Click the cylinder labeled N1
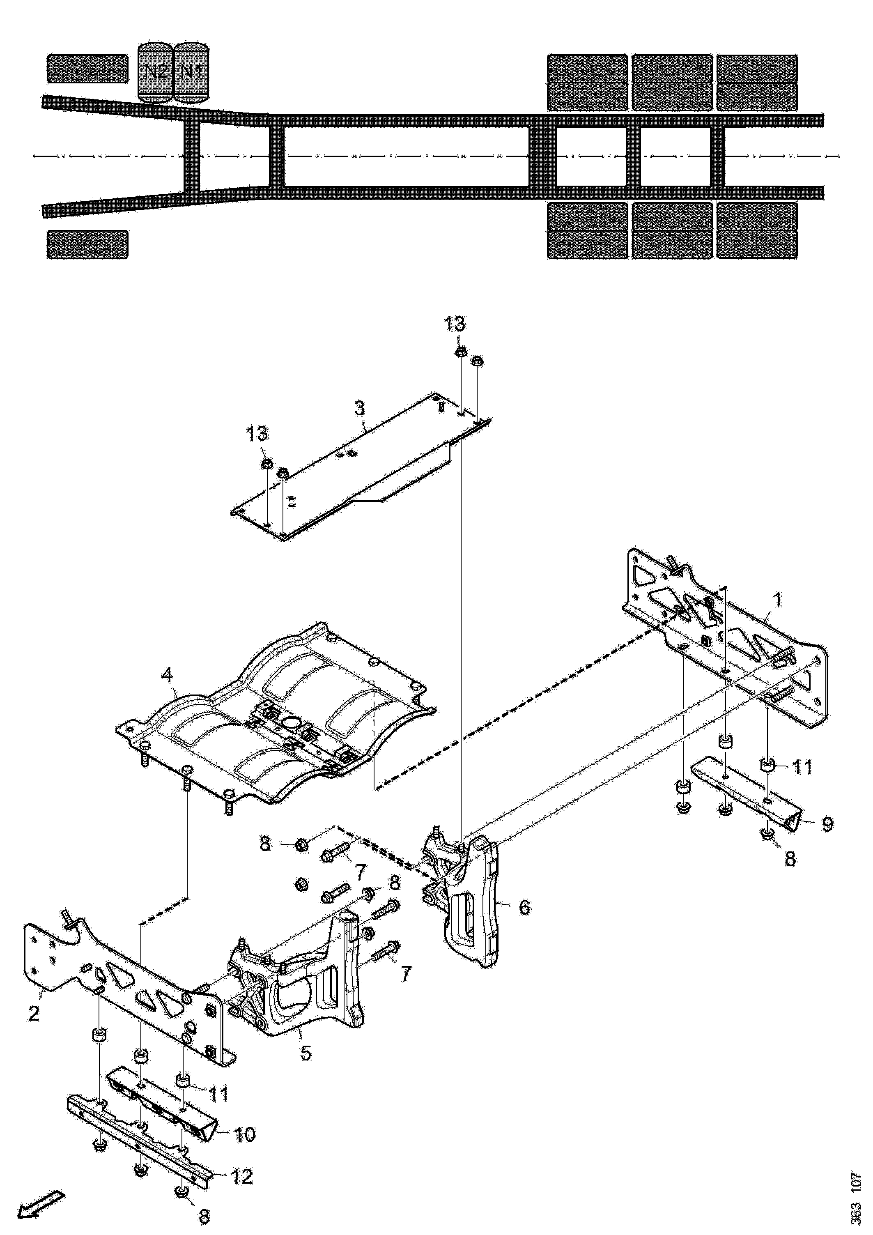[191, 73]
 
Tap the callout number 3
[359, 408]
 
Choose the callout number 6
[524, 907]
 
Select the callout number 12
[241, 1177]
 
